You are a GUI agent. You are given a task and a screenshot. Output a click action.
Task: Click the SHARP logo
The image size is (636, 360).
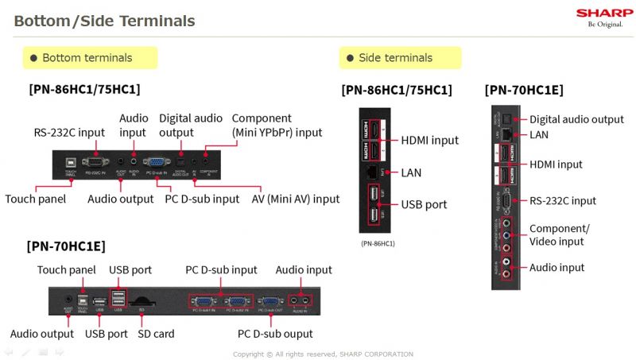[604, 13]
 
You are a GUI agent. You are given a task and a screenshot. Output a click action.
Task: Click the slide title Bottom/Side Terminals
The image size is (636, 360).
[104, 21]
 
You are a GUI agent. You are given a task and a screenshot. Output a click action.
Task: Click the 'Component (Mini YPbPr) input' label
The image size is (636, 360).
[277, 126]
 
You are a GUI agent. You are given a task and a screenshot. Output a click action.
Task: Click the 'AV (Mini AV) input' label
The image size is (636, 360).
[296, 199]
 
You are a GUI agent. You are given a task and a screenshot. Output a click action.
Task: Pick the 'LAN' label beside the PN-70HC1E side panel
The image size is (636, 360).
[539, 135]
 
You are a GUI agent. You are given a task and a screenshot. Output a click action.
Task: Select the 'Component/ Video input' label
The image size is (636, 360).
[560, 235]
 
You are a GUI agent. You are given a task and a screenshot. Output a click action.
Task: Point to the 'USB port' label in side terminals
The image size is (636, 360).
[424, 204]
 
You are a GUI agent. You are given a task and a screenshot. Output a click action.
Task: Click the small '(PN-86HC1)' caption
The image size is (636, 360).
[378, 242]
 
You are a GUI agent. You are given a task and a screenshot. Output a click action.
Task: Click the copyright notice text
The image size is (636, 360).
[323, 354]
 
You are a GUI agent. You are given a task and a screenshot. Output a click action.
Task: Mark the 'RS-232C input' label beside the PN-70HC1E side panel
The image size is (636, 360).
[562, 201]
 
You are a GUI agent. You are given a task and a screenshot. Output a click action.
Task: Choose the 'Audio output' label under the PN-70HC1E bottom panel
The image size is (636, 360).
[42, 334]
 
